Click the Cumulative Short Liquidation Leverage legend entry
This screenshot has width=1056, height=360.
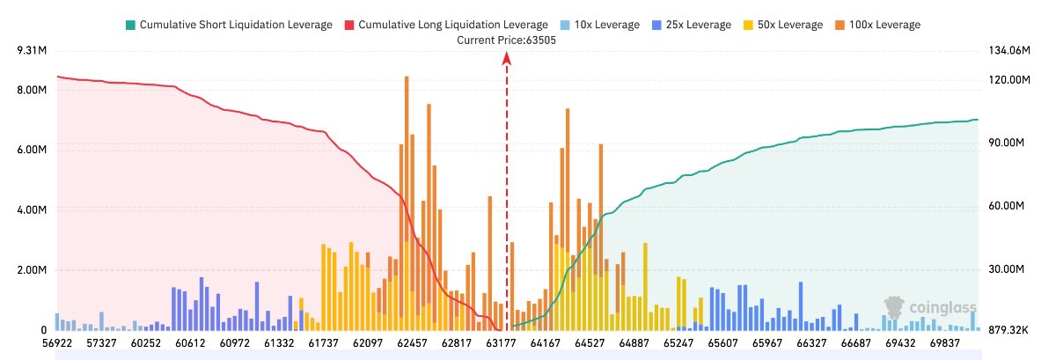229,25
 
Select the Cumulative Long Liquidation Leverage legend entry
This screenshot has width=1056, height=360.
446,25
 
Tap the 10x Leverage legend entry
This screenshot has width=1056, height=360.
600,25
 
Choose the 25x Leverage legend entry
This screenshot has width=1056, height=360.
692,25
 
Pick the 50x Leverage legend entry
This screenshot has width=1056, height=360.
783,25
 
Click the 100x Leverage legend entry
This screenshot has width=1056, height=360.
878,25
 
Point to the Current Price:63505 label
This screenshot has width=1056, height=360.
506,40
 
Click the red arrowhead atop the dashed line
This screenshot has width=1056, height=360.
507,58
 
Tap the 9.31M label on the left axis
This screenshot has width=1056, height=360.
32,50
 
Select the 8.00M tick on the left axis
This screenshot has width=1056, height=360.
32,90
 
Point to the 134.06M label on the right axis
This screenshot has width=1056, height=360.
1009,50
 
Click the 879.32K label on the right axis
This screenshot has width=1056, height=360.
1008,330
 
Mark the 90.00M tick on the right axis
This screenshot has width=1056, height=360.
1007,143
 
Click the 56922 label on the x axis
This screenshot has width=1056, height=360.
57,343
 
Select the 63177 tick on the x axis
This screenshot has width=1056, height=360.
501,343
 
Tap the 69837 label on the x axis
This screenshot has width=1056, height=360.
945,343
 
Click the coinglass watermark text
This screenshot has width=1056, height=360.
942,307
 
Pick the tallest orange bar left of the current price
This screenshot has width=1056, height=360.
407,202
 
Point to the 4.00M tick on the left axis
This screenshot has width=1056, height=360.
32,209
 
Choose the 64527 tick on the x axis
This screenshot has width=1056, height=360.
590,343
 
